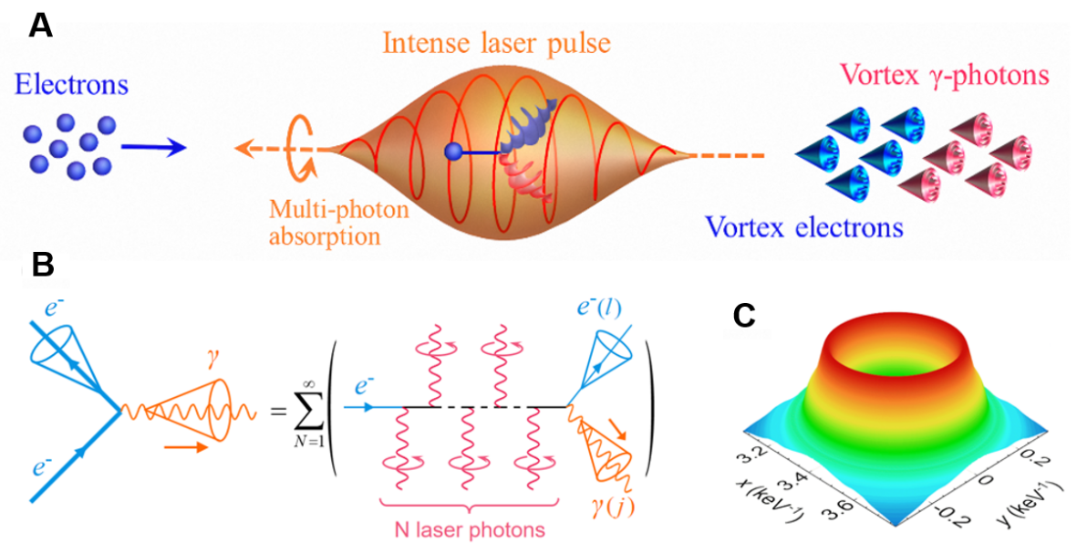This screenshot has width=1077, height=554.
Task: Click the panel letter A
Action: [41, 25]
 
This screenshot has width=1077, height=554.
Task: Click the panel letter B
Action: [41, 267]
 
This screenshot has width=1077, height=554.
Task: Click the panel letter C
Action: [745, 315]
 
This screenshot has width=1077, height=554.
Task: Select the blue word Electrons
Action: [72, 86]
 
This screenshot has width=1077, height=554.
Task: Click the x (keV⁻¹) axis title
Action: [770, 500]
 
